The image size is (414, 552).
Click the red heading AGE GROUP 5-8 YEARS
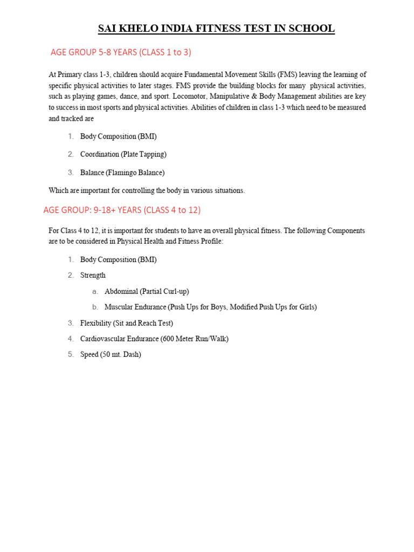point(121,52)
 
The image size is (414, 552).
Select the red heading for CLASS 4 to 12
point(121,210)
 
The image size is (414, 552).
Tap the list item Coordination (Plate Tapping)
point(123,154)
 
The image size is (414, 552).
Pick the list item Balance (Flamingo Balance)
point(122,172)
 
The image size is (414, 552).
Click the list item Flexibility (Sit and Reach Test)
point(127,323)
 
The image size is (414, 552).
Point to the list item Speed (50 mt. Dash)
point(111,354)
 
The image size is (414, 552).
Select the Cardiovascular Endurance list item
point(154,339)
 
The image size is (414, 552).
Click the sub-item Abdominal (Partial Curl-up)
point(147,291)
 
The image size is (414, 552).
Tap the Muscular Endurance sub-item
point(210,307)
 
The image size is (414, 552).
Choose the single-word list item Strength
point(93,275)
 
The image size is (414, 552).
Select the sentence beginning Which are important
point(147,190)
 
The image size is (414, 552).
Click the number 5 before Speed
point(71,354)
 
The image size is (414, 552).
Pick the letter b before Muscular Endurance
point(95,307)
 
